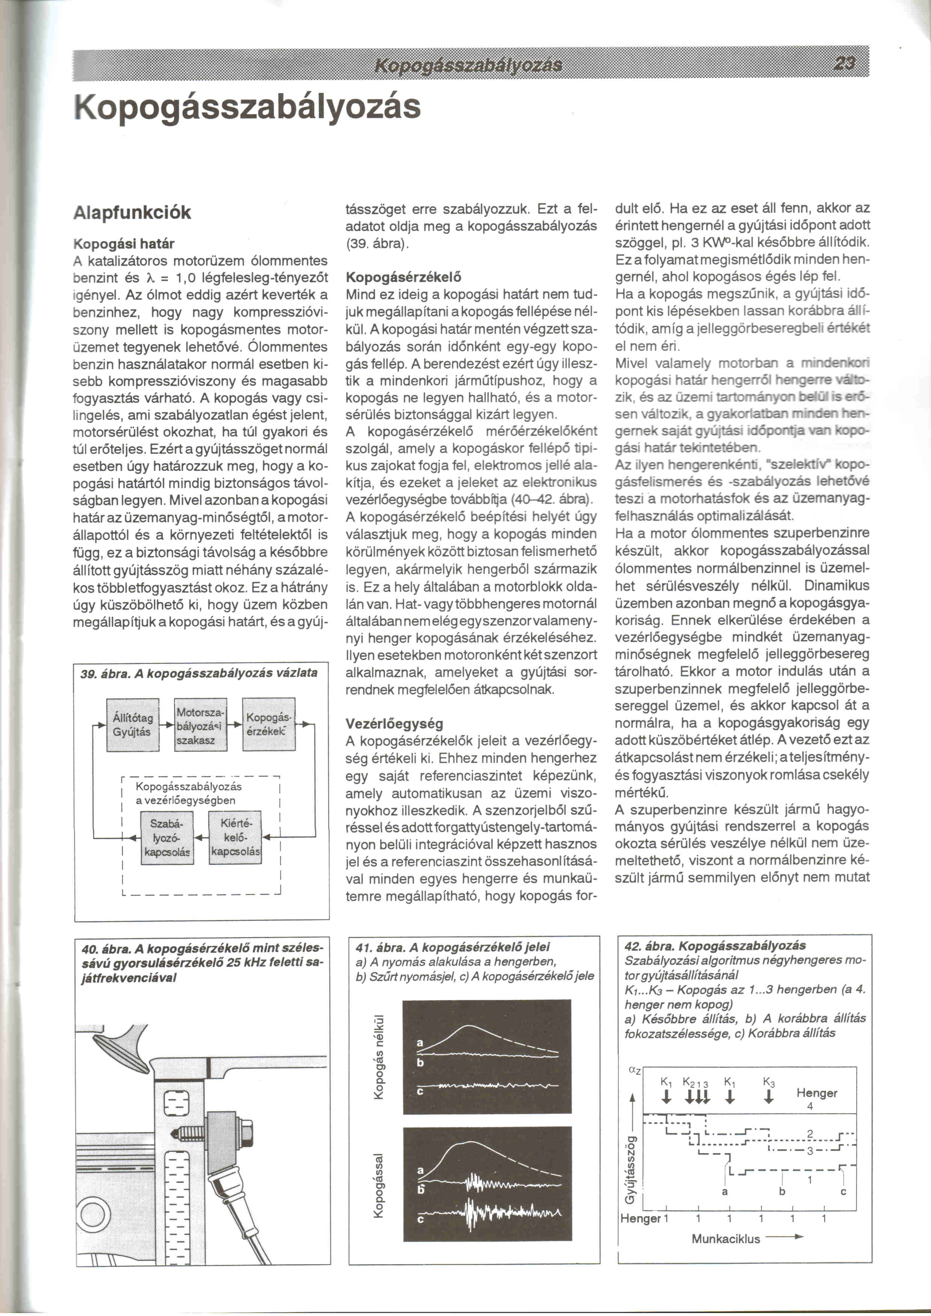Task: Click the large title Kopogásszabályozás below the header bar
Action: click(x=248, y=107)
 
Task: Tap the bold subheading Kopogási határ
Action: click(x=124, y=244)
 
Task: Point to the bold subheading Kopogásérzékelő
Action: click(x=404, y=277)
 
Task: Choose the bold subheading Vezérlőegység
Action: click(x=395, y=724)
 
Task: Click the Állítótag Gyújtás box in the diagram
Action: click(x=133, y=725)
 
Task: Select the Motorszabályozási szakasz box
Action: click(x=200, y=725)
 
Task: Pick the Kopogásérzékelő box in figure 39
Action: click(x=268, y=725)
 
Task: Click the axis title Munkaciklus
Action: click(x=725, y=1239)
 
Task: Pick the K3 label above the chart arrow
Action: click(x=769, y=1083)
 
